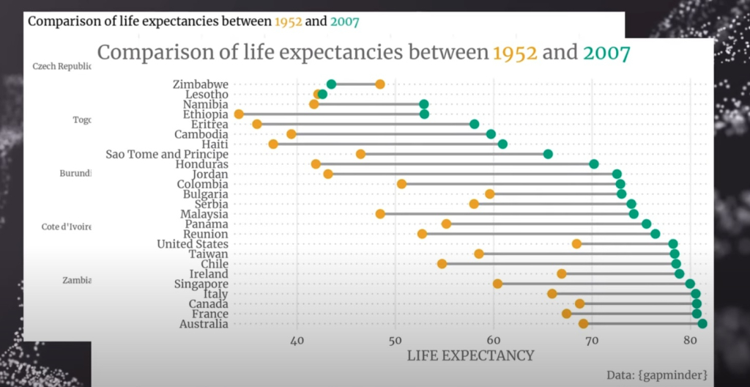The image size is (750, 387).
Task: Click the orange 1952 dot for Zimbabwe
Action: [x=380, y=84]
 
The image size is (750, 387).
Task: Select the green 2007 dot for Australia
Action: [x=702, y=324]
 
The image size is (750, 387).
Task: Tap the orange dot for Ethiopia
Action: [x=239, y=114]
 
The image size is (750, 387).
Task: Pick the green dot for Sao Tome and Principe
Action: [x=548, y=154]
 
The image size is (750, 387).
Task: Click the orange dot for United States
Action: [x=577, y=244]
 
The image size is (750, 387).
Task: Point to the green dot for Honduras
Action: [x=594, y=164]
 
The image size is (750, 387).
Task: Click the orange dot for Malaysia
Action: [x=380, y=214]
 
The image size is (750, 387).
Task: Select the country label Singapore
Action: [x=201, y=284]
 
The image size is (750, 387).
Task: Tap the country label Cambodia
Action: [x=201, y=134]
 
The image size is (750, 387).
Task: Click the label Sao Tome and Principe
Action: [x=167, y=154]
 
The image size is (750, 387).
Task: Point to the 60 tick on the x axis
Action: [x=493, y=341]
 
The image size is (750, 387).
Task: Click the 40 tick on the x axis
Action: [x=297, y=341]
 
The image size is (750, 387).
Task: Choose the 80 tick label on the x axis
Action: [x=689, y=341]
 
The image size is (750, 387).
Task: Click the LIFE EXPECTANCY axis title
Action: [x=470, y=356]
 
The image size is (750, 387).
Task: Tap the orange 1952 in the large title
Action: [x=516, y=53]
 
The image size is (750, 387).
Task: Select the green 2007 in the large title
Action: [x=606, y=53]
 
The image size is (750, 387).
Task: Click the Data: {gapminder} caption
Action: [x=657, y=375]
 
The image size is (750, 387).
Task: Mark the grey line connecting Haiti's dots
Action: [x=387, y=144]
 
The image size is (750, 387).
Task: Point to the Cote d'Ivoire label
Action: [x=67, y=227]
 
